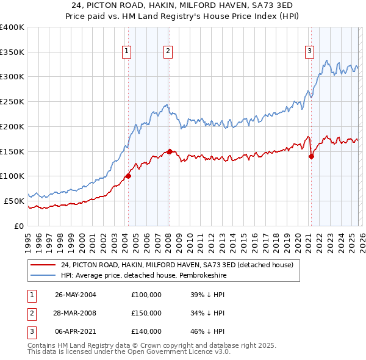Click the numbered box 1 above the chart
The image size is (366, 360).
click(x=127, y=52)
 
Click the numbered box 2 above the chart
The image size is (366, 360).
click(x=168, y=52)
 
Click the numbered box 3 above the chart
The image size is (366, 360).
click(x=310, y=52)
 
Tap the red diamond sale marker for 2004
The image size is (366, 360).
click(x=128, y=176)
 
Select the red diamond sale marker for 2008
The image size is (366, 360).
click(x=170, y=151)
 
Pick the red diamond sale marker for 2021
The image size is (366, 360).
click(x=311, y=156)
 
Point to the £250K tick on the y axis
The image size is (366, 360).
click(x=12, y=102)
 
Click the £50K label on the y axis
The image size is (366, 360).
click(x=13, y=201)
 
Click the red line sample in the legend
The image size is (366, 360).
click(x=43, y=265)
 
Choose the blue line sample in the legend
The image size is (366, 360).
click(x=43, y=275)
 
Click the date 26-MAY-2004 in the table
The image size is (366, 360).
click(x=76, y=295)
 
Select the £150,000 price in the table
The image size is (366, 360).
click(x=146, y=313)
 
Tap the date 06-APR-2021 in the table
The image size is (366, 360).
click(x=76, y=331)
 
